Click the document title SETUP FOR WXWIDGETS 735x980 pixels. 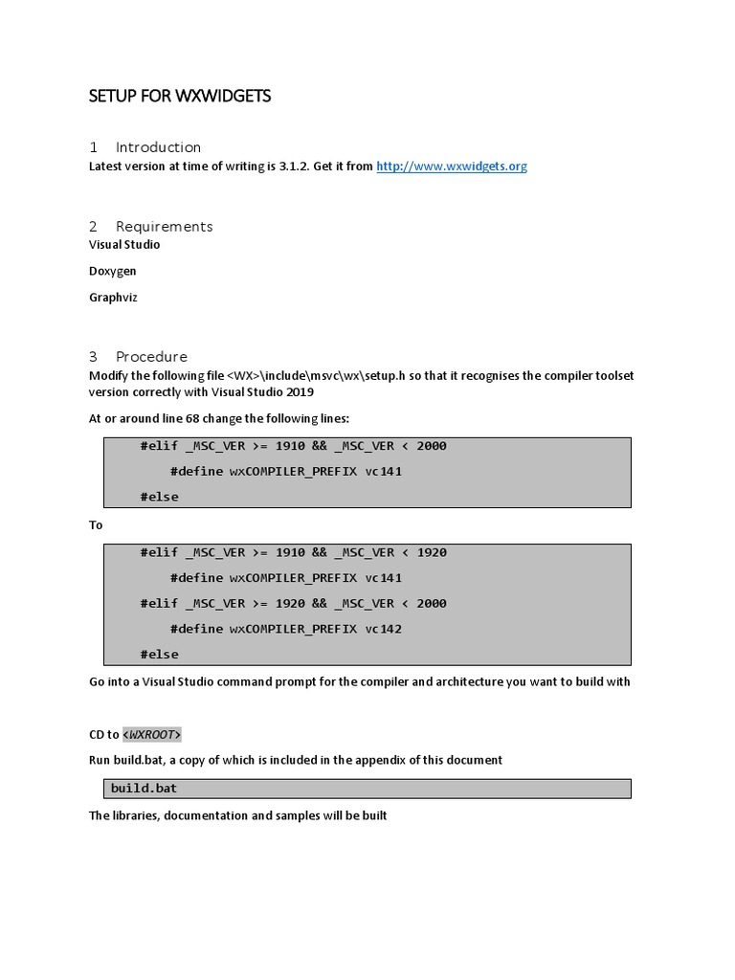point(180,96)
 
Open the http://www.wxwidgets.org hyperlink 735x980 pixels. point(452,167)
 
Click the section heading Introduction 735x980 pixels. point(158,147)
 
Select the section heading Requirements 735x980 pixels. point(164,227)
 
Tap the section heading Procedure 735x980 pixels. point(151,357)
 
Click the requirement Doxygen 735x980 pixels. point(112,271)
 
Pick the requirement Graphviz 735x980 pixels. point(113,298)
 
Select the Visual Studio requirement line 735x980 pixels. point(124,245)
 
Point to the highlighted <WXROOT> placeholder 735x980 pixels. point(151,735)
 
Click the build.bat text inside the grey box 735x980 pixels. point(144,789)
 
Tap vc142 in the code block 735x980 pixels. point(384,629)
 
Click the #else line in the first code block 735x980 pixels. point(159,497)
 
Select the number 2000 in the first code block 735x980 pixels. point(431,446)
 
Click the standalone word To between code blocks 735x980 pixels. point(96,525)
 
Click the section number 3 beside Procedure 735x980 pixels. point(93,357)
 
